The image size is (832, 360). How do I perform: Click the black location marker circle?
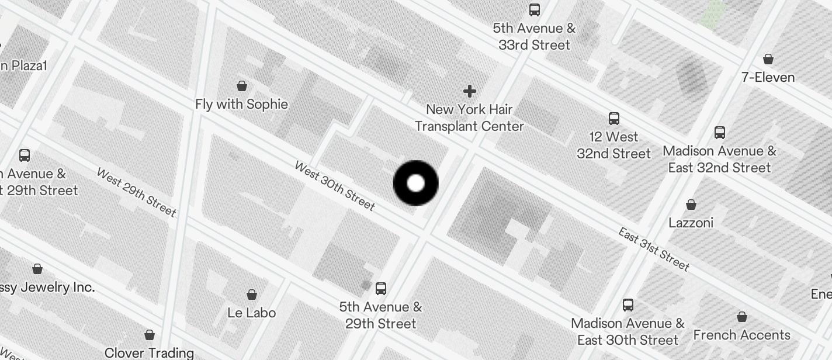tap(415, 183)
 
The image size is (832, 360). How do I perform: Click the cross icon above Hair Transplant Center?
tap(469, 91)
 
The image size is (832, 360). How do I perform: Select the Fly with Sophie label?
tap(241, 105)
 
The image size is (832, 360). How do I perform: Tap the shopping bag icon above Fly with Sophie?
tap(242, 86)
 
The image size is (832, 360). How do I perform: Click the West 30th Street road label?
tap(334, 185)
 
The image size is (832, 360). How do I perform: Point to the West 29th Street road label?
tap(136, 192)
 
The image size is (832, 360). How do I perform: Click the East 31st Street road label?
tap(654, 249)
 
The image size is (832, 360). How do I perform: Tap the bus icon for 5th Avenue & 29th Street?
tap(381, 288)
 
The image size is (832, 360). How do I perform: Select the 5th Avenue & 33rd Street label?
tap(534, 36)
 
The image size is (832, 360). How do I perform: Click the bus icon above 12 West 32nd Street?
tap(613, 119)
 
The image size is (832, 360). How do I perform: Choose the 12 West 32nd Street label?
tap(613, 145)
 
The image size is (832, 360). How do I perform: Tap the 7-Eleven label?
tap(768, 77)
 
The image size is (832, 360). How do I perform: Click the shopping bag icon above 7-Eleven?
tap(768, 59)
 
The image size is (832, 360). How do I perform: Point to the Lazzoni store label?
tap(691, 223)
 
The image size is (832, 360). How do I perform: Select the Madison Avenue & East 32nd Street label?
tap(719, 159)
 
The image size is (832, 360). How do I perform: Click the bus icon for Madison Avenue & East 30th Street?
tap(628, 304)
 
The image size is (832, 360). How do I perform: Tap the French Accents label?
tap(741, 335)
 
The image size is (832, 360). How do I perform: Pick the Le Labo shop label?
tap(251, 313)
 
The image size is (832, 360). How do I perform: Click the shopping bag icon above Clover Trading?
tap(150, 335)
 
